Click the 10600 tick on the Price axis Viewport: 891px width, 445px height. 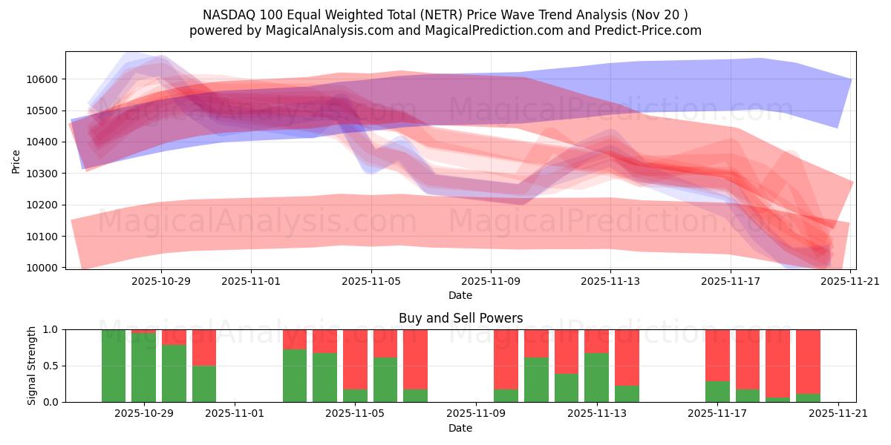point(45,79)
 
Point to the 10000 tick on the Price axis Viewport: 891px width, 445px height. point(45,268)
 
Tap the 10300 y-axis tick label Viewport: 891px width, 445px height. point(45,174)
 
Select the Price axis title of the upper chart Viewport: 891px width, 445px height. point(16,160)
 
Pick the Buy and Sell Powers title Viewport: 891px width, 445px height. point(460,318)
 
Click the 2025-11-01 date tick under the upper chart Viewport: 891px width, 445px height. point(251,281)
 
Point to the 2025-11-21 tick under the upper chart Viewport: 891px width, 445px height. point(850,281)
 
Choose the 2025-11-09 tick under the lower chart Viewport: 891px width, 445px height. point(476,414)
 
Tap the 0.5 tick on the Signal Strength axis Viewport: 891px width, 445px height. point(52,366)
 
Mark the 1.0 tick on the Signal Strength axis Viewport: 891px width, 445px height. point(52,329)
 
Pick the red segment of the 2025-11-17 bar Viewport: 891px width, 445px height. point(717,355)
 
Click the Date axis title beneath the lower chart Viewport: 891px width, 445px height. point(460,428)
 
